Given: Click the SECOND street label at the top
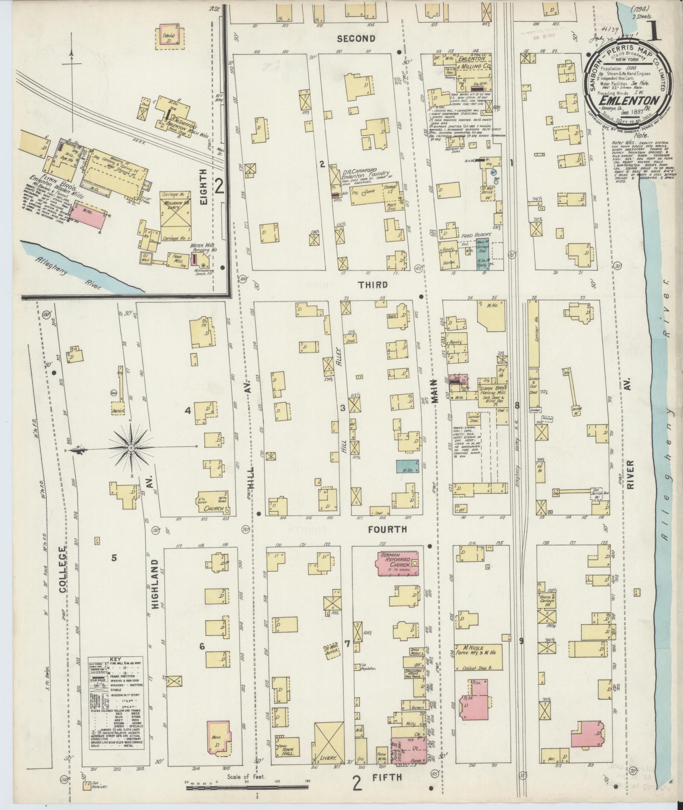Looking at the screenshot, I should [x=356, y=39].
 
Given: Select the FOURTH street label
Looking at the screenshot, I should [x=387, y=529].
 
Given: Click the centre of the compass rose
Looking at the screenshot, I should [x=131, y=448].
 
